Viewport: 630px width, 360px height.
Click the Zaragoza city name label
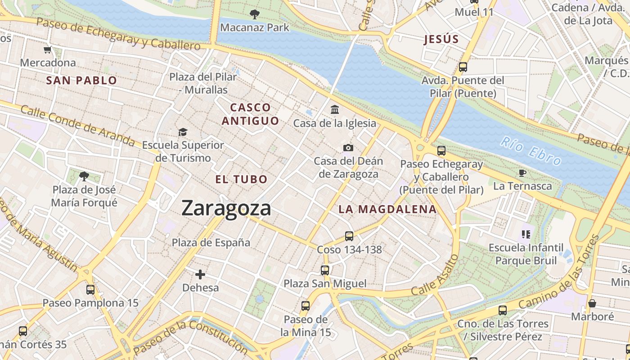click(x=226, y=208)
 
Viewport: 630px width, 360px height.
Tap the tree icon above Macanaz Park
click(x=254, y=14)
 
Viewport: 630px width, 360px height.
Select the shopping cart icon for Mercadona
click(x=48, y=49)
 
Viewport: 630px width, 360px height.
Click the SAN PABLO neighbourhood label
click(x=81, y=81)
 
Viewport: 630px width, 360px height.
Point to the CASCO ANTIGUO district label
click(x=250, y=114)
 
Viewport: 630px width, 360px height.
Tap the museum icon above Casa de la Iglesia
click(x=335, y=109)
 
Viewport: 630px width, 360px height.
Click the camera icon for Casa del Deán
click(x=348, y=148)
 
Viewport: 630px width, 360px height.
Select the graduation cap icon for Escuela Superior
click(x=183, y=132)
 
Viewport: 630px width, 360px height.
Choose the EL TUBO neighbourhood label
click(x=241, y=179)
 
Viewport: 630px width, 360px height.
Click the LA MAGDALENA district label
click(x=387, y=209)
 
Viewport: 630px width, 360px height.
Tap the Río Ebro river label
click(x=531, y=151)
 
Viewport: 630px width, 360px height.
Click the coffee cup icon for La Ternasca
click(x=522, y=173)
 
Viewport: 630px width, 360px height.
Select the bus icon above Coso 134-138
click(x=349, y=236)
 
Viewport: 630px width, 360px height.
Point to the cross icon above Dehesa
click(x=200, y=274)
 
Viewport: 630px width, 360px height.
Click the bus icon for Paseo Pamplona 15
click(x=90, y=289)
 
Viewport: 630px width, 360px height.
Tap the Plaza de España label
click(x=211, y=243)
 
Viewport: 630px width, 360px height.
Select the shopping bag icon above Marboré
click(x=592, y=303)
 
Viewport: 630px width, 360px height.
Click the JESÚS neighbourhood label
click(x=441, y=39)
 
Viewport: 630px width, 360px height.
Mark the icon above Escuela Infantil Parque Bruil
click(x=526, y=234)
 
